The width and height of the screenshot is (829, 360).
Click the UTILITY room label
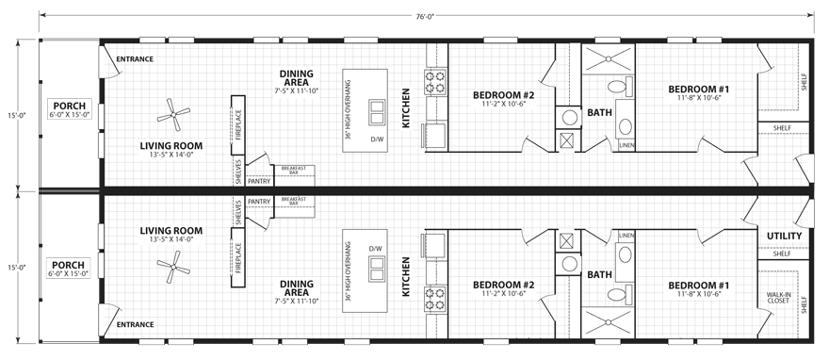(x=784, y=236)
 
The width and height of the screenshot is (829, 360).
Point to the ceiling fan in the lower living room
(x=172, y=272)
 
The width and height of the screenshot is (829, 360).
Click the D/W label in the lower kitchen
(x=376, y=249)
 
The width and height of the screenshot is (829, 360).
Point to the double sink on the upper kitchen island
(x=378, y=112)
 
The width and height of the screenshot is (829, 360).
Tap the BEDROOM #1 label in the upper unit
(x=699, y=90)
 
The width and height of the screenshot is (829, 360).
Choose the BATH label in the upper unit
(x=600, y=113)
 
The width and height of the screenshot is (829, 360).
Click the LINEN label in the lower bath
(x=626, y=235)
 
